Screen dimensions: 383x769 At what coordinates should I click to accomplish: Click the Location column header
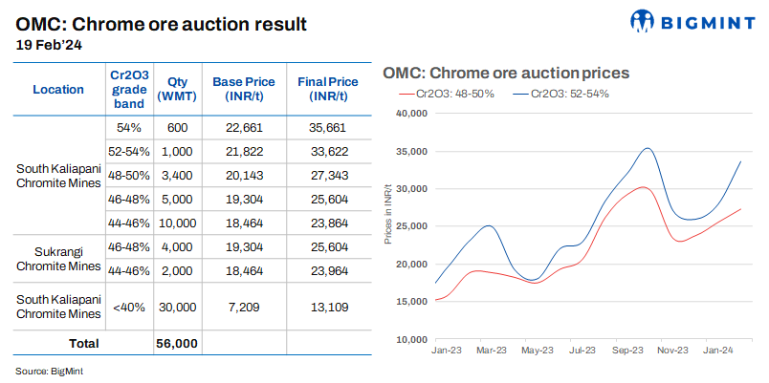pyautogui.click(x=58, y=89)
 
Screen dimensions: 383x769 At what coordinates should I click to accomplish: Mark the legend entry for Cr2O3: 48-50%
pyautogui.click(x=449, y=94)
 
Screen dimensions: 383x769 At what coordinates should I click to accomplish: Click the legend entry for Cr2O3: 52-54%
pyautogui.click(x=560, y=94)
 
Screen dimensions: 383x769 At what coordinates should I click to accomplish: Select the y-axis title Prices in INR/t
pyautogui.click(x=388, y=214)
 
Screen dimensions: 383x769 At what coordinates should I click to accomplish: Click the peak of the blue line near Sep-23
pyautogui.click(x=648, y=148)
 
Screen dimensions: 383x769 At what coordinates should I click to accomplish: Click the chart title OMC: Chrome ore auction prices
pyautogui.click(x=504, y=73)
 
